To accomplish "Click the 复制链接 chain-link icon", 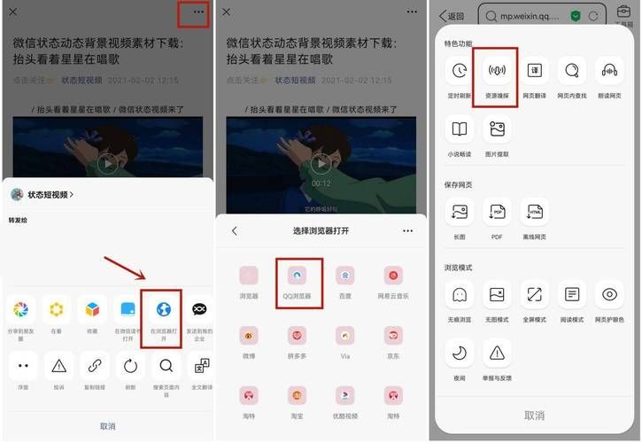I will click(94, 365).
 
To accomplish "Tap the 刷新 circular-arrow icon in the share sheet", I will click(130, 365).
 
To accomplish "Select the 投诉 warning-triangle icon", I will click(58, 365).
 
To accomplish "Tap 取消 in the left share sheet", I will click(107, 426).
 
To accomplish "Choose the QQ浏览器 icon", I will click(298, 276).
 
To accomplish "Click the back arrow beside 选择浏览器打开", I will click(235, 230).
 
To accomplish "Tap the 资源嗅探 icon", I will click(497, 70).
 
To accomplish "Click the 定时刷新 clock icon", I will click(459, 70).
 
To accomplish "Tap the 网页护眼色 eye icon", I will click(609, 294).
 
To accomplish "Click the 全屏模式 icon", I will click(535, 294).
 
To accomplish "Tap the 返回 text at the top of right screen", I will click(455, 16).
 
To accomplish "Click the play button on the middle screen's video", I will click(321, 163).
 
